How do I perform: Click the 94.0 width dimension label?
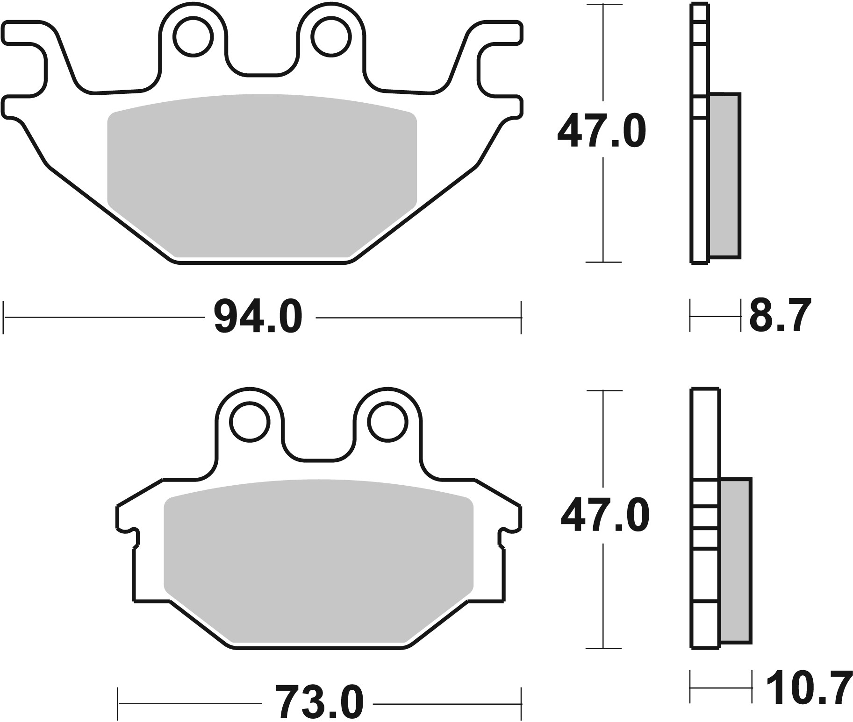(258, 317)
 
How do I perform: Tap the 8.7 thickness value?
(778, 316)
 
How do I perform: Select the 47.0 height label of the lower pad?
(605, 516)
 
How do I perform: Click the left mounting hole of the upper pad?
(193, 37)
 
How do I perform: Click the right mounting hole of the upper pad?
(331, 37)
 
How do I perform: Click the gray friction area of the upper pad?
(262, 173)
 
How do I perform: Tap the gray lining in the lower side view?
(736, 560)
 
